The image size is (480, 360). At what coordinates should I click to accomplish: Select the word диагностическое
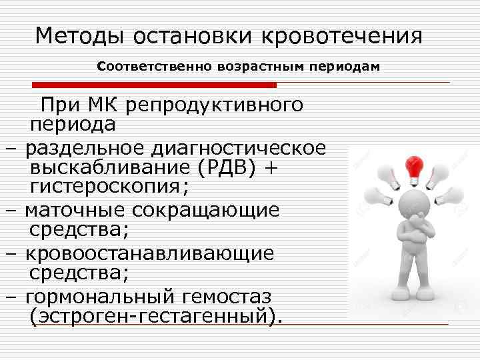click(238, 147)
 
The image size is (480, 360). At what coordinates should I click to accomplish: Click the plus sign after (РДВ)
click(270, 169)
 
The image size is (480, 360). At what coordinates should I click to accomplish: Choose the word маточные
click(76, 210)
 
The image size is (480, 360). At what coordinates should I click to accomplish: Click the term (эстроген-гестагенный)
click(153, 315)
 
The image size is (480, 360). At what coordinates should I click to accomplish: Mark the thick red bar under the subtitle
click(154, 85)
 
